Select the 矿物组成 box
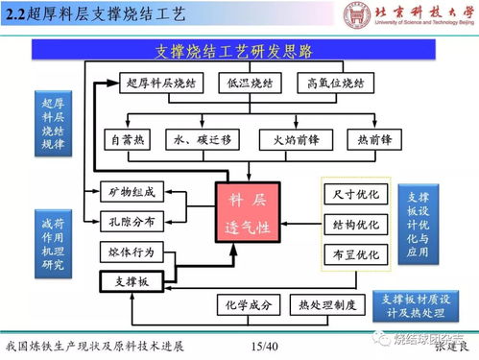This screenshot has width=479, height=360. (x=127, y=193)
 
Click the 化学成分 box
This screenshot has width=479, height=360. (x=249, y=306)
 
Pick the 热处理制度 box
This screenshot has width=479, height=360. (x=326, y=306)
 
